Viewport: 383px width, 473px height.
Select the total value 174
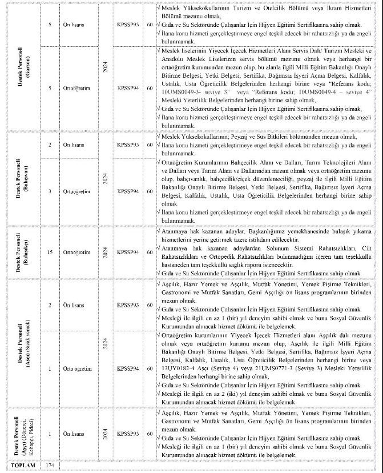click(x=50, y=465)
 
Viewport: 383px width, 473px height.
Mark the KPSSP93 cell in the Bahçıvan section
click(x=128, y=145)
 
